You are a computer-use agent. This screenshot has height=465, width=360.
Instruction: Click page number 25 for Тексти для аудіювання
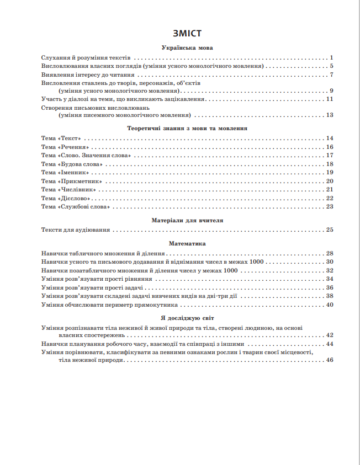(330, 229)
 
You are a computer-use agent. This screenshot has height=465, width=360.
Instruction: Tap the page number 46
(330, 360)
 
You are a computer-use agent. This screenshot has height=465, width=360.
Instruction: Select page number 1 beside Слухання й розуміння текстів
(332, 57)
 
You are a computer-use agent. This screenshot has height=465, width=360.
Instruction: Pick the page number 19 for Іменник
(330, 173)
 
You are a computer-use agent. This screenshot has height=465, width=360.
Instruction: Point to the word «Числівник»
(77, 190)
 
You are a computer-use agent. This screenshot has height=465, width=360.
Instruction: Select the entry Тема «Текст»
(61, 138)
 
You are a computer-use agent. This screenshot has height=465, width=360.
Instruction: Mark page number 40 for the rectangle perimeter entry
(330, 304)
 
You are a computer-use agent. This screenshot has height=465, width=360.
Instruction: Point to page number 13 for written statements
(330, 115)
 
